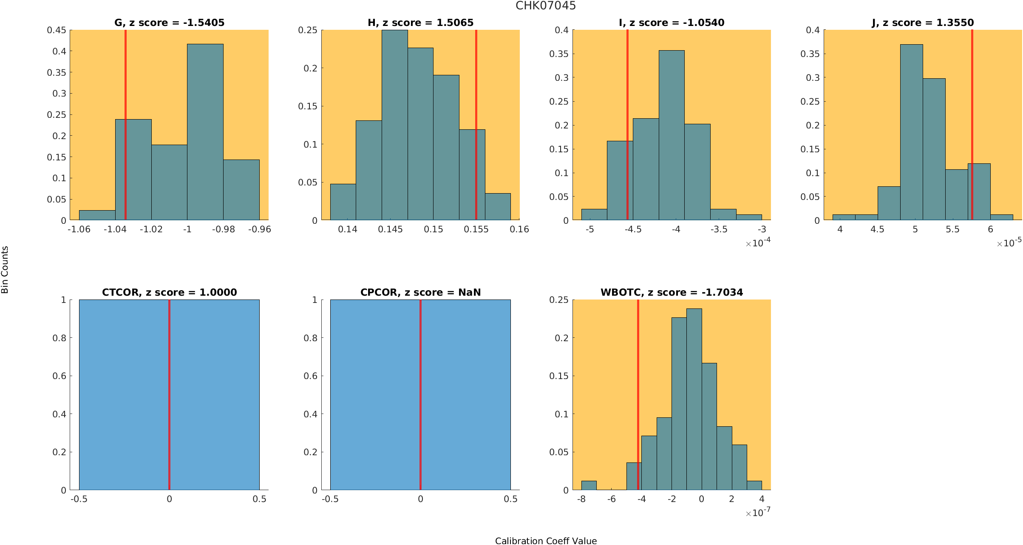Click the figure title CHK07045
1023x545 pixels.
tap(546, 6)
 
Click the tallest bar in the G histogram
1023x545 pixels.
tap(205, 132)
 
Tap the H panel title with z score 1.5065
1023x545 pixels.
tap(420, 23)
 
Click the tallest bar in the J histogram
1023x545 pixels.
tap(911, 132)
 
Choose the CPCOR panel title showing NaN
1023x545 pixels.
tap(420, 292)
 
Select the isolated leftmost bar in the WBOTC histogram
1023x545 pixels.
tap(589, 485)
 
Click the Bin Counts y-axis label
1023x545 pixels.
tap(5, 270)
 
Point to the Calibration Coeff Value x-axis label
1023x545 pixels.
tap(546, 540)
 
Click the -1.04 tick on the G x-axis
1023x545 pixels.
tap(115, 229)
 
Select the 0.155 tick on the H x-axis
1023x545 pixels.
tap(476, 229)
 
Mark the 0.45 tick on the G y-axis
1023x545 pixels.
tap(57, 30)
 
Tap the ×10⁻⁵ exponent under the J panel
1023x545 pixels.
tap(1009, 243)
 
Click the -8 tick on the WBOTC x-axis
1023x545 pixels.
tap(581, 499)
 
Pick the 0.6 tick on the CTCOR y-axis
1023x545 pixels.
tap(60, 376)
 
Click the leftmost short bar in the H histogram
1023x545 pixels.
tap(343, 202)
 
